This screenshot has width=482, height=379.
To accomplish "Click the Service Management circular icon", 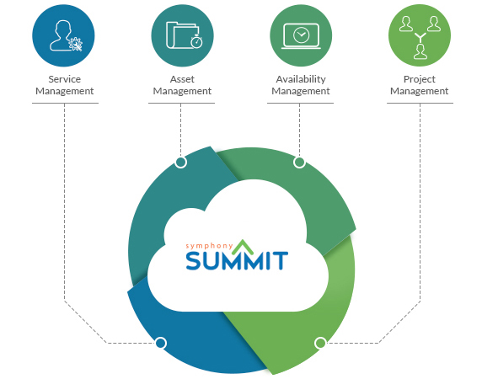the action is [x=63, y=35].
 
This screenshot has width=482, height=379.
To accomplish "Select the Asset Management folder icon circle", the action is [x=182, y=35].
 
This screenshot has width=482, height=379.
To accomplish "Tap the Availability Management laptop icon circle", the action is [x=301, y=35].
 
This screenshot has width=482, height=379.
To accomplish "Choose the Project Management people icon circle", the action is [x=420, y=35].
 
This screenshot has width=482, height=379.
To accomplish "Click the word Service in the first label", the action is [x=65, y=79].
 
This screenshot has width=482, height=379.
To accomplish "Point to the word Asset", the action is [x=182, y=79].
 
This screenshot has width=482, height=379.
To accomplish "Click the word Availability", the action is [x=301, y=79].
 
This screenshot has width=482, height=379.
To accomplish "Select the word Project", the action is [x=420, y=79].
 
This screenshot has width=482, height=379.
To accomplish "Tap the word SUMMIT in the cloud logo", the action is [x=237, y=260].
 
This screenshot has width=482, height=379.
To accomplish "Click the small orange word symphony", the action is [x=209, y=246].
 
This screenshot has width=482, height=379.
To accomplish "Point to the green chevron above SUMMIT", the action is [x=243, y=247].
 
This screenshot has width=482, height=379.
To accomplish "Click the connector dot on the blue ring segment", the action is [x=160, y=343].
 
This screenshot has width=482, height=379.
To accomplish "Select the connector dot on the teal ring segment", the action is [x=180, y=162].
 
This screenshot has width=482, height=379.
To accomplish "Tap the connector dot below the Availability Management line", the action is [x=299, y=162].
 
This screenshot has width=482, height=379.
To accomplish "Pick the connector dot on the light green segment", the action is [x=320, y=343].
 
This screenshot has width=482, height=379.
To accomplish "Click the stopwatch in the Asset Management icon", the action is [x=196, y=41].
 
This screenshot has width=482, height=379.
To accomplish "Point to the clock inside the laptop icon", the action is [x=302, y=35].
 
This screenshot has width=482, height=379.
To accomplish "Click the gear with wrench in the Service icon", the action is [x=75, y=44].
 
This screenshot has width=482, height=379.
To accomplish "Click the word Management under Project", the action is [x=420, y=91].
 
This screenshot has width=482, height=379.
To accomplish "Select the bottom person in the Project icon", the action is [x=420, y=51].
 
